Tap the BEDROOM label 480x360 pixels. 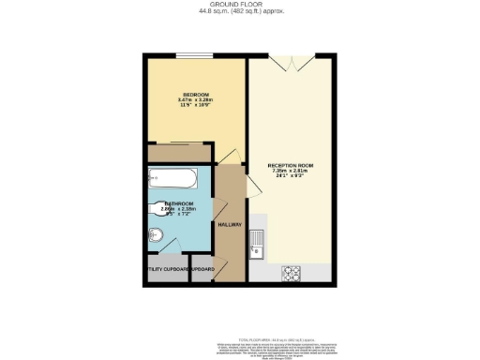(x=195, y=94)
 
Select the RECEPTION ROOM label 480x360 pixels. (x=292, y=165)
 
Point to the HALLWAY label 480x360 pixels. (x=230, y=225)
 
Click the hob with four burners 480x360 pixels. (x=291, y=274)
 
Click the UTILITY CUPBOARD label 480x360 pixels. (x=167, y=270)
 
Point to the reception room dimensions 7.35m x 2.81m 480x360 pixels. (x=292, y=173)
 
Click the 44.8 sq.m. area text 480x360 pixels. (x=241, y=12)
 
